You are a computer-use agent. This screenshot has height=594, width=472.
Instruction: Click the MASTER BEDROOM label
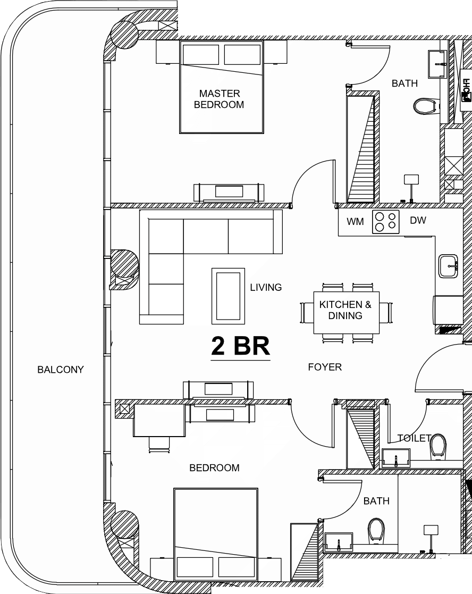(219, 99)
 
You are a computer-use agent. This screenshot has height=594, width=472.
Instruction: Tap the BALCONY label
(61, 370)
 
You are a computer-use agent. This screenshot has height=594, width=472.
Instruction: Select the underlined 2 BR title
(240, 346)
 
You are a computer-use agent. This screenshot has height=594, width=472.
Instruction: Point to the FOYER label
(325, 367)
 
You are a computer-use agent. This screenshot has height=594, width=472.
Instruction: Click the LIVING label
(266, 287)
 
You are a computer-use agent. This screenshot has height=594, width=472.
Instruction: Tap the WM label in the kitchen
(355, 221)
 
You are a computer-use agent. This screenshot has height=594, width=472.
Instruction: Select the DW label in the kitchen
(418, 220)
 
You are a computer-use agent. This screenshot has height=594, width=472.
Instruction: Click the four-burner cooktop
(386, 222)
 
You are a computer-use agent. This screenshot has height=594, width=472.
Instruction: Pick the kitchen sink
(449, 266)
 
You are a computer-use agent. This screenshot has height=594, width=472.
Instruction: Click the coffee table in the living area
(228, 296)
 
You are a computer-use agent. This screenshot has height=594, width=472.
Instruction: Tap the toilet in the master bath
(426, 106)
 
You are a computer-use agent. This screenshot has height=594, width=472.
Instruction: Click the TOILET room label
(414, 438)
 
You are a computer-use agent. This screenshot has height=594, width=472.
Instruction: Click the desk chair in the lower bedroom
(159, 445)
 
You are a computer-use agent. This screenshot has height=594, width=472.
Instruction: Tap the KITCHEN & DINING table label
(345, 310)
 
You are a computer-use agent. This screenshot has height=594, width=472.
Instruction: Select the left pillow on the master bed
(200, 55)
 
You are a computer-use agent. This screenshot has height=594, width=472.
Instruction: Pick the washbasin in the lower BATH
(339, 542)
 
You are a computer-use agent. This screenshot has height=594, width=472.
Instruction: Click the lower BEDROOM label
(214, 468)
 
